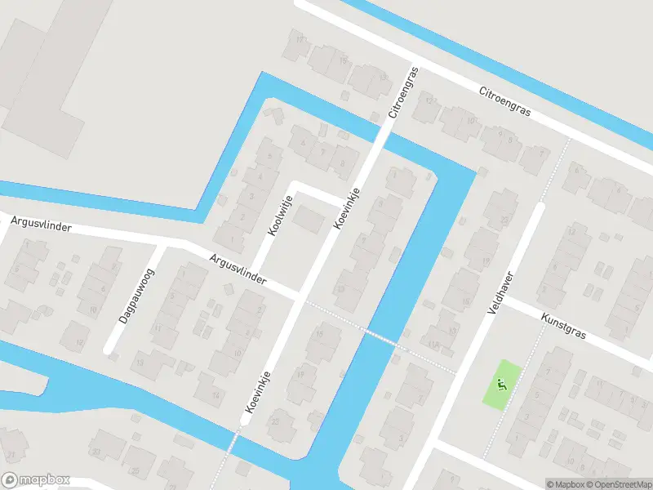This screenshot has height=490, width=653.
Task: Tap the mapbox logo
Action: [35, 480]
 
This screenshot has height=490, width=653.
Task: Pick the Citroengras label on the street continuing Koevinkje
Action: [404, 92]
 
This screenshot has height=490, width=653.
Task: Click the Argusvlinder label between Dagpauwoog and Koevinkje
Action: [238, 269]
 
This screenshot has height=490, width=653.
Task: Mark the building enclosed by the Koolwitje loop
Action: [308, 219]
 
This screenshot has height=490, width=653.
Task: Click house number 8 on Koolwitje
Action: [341, 163]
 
